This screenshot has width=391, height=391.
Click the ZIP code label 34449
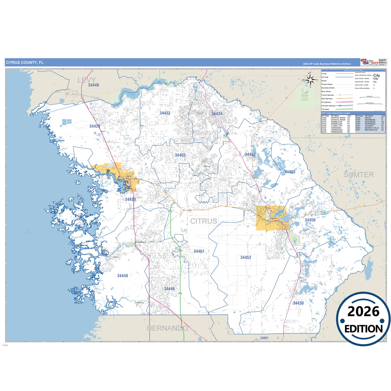[93, 85]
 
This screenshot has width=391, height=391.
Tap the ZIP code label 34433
[165, 113]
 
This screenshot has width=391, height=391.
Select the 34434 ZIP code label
[217, 114]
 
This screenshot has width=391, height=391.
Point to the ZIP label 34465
[180, 155]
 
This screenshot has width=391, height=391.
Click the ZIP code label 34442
[250, 155]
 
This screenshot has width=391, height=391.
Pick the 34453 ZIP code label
[290, 172]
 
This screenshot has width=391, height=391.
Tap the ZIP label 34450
[310, 220]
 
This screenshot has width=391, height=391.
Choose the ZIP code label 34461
[199, 251]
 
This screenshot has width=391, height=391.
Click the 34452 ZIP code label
[246, 257]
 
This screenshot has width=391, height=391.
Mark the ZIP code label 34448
[123, 276]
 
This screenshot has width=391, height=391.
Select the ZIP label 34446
[169, 289]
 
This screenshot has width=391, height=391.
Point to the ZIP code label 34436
[298, 303]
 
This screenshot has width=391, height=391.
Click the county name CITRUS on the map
[203, 221]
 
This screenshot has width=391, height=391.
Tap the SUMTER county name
[359, 175]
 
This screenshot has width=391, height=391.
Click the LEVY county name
[87, 80]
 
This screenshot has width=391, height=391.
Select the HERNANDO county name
[167, 328]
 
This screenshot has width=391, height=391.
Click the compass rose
[311, 80]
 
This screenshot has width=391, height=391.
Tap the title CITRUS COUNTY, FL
[25, 63]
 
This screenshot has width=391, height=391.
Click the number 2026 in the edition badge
[363, 311]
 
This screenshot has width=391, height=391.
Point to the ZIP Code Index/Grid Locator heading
[336, 113]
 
